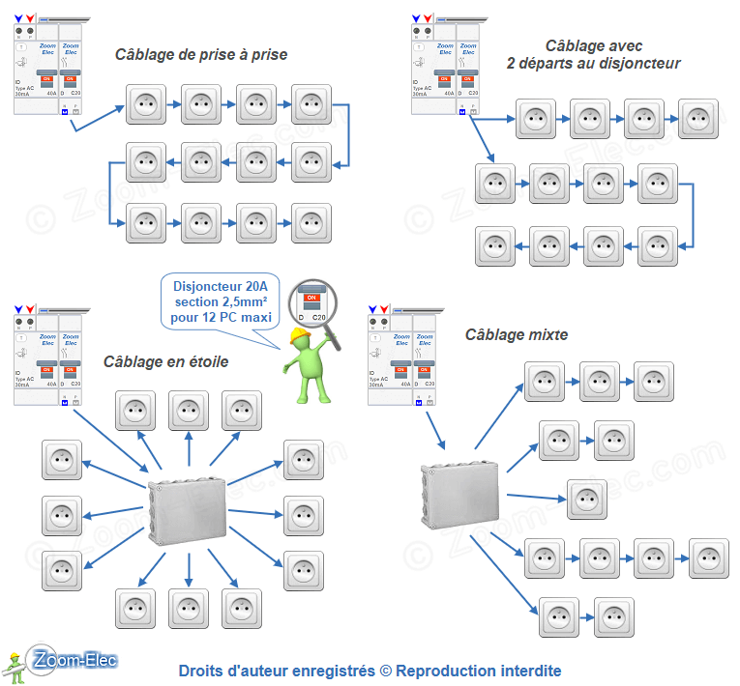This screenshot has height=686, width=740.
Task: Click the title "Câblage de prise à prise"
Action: click(x=201, y=55)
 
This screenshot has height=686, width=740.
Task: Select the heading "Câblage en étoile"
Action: click(x=166, y=361)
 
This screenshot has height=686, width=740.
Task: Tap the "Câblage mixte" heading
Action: click(x=517, y=335)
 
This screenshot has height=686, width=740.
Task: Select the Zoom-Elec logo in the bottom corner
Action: click(x=72, y=661)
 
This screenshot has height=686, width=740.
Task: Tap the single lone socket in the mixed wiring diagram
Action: click(x=587, y=500)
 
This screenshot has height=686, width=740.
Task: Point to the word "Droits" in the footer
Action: click(x=202, y=671)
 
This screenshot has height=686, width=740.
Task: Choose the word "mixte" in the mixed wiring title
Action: click(x=548, y=335)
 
